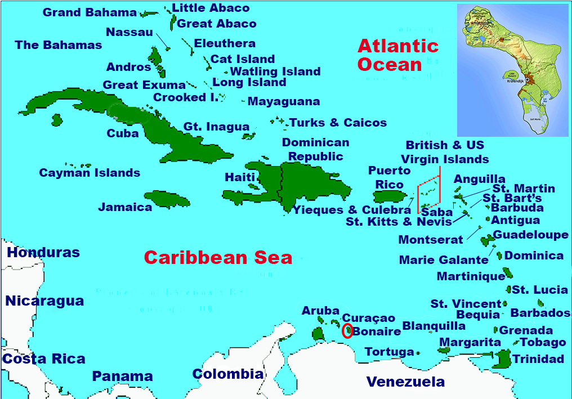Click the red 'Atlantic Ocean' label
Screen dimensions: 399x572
[397, 55]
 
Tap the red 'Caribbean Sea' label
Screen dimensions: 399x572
[218, 258]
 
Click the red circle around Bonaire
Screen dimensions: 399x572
[347, 330]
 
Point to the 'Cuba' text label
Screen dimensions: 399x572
[123, 133]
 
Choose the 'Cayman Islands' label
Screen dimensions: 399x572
[90, 173]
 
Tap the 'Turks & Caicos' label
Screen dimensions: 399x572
[338, 123]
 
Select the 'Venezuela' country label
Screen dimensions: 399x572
[405, 382]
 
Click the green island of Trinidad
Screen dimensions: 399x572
[502, 358]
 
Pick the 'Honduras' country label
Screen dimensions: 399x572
[43, 253]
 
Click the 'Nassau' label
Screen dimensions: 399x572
[129, 32]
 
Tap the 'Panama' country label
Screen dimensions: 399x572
[122, 376]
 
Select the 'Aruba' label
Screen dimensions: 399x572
[320, 311]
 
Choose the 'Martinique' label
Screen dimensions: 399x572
[471, 276]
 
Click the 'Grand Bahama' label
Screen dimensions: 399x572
[90, 12]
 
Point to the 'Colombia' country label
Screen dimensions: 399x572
[227, 374]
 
